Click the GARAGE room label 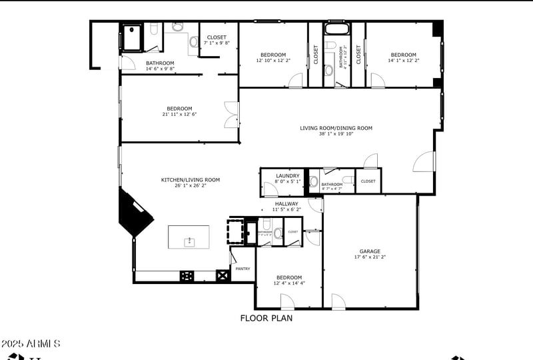(370, 251)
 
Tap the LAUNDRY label (288, 176)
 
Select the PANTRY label (243, 269)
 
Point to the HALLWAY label (287, 204)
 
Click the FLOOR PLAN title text (266, 318)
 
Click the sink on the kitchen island (189, 241)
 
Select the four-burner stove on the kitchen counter (187, 275)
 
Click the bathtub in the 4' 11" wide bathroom (334, 28)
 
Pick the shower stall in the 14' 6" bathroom (131, 37)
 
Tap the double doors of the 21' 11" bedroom (231, 114)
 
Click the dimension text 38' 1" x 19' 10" (336, 133)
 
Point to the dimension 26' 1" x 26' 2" (191, 185)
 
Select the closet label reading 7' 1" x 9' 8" (217, 43)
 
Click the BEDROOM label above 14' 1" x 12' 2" (403, 55)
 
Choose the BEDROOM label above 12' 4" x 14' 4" (289, 277)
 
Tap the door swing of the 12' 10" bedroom (296, 80)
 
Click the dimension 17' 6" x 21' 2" (370, 257)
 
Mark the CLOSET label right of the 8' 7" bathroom (368, 181)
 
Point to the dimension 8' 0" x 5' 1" (288, 181)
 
